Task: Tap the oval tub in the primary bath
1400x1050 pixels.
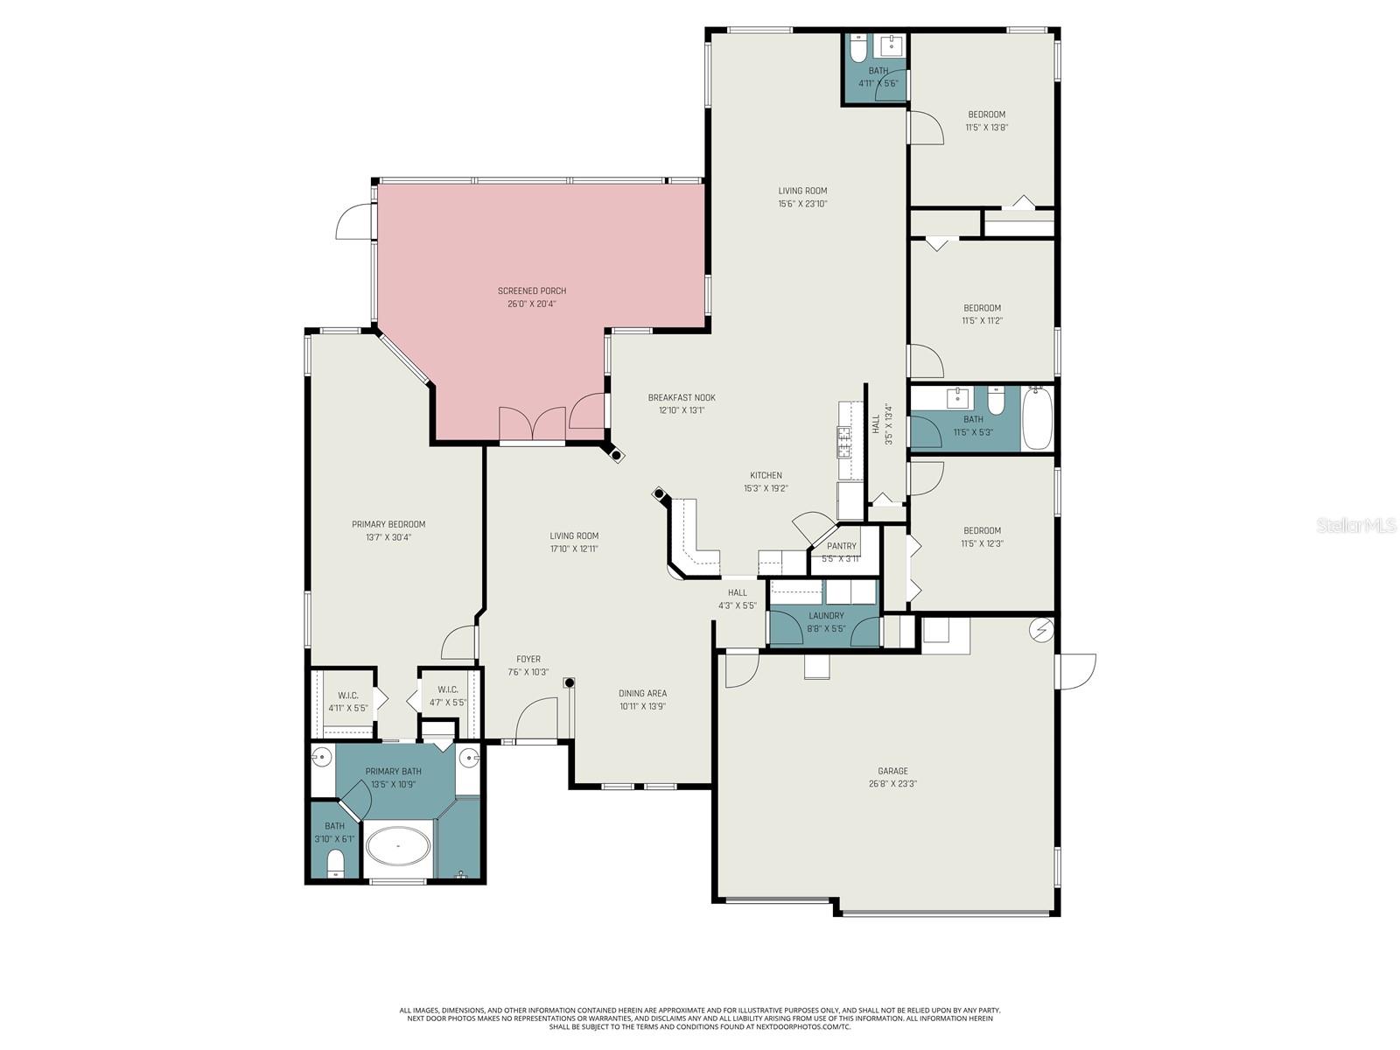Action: coord(398,847)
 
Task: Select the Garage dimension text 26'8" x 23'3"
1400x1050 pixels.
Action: coord(892,784)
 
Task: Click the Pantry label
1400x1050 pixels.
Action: coord(841,546)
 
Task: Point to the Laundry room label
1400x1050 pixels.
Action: coord(826,616)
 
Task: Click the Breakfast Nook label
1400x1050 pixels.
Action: coord(682,397)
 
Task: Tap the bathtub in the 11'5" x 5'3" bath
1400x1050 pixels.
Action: coord(1037,419)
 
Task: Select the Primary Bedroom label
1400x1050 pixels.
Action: coord(388,525)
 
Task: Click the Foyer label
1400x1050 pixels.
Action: coord(528,660)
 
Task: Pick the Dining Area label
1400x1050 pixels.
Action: coord(642,694)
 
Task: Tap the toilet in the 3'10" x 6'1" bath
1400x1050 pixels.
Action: coord(336,864)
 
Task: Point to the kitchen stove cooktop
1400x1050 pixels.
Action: coord(845,442)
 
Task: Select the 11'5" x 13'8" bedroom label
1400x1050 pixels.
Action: coord(986,115)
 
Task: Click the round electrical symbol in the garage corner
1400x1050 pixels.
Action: coord(1041,629)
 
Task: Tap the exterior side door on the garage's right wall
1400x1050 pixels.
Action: coord(1076,670)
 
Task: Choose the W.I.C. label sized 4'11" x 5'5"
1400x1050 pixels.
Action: coord(347,696)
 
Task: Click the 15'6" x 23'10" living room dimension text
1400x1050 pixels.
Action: coord(802,204)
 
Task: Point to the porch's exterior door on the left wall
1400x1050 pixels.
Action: coord(354,220)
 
